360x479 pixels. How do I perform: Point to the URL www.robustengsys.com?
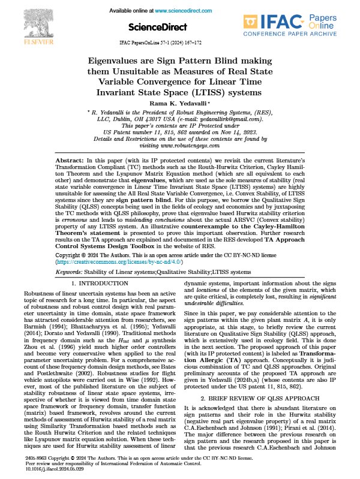pyautogui.click(x=180, y=146)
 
